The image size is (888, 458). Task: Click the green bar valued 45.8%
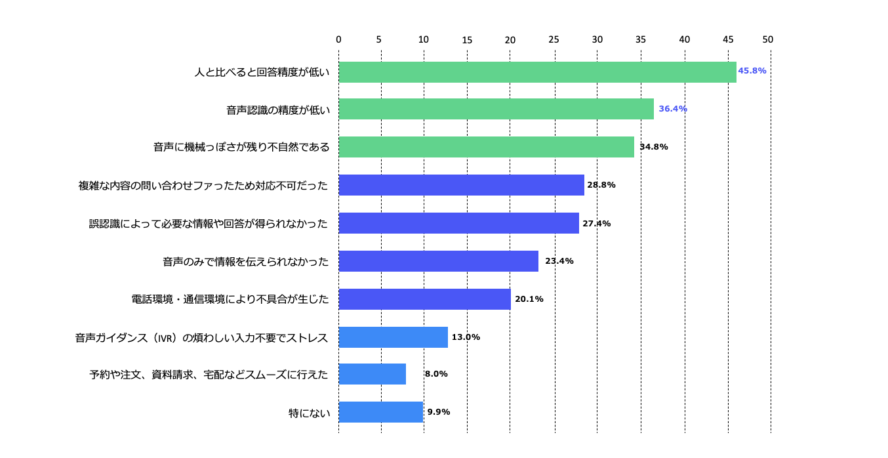pos(537,72)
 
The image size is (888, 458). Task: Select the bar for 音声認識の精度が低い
pos(496,109)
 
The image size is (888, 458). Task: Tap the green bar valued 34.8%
pos(486,147)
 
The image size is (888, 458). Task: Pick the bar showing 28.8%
pos(461,185)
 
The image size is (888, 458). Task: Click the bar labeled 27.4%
pos(458,223)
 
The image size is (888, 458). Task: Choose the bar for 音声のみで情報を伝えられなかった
pos(438,261)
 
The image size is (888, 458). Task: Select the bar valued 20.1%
pos(424,299)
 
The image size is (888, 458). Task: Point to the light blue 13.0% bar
pos(393,337)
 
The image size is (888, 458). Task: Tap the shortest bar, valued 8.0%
pos(372,374)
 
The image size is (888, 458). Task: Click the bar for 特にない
pos(380,412)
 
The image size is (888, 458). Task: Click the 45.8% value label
pos(752,71)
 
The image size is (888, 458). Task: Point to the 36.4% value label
pos(672,109)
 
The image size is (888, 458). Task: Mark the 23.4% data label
pos(559,261)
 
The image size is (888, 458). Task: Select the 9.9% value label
pos(438,412)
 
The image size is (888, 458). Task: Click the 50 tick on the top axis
pos(768,39)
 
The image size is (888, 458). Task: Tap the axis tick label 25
pos(554,39)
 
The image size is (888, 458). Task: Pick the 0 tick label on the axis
pos(338,39)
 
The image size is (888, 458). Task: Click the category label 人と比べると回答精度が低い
pos(262,72)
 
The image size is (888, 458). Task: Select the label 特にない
pos(309,413)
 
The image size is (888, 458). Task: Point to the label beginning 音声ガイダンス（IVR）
pos(201,338)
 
